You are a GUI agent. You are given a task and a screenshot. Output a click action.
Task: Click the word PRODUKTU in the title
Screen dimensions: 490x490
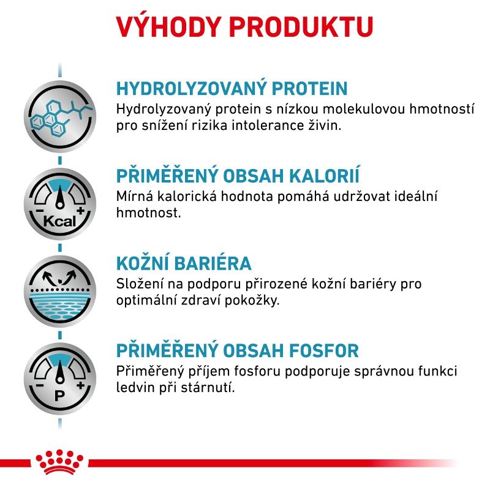coord(301,26)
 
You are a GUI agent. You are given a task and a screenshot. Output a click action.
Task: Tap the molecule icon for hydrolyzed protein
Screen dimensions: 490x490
coord(60,116)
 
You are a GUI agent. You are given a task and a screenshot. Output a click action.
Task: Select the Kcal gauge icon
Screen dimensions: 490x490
coord(60,204)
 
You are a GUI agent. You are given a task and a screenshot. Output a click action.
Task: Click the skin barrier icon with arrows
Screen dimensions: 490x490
coord(60,292)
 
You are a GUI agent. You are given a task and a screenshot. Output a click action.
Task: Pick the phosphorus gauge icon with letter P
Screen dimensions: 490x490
coord(60,379)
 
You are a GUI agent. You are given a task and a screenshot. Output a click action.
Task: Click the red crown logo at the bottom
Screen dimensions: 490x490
coord(59,462)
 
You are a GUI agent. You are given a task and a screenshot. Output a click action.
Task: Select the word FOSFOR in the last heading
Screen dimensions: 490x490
coord(324,350)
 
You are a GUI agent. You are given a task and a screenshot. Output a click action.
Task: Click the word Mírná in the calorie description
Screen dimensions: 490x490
coord(135,196)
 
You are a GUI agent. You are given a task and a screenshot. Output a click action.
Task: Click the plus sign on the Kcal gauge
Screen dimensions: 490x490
coord(81,211)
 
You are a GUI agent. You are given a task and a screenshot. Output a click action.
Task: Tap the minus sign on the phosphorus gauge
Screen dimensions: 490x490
coord(40,386)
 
